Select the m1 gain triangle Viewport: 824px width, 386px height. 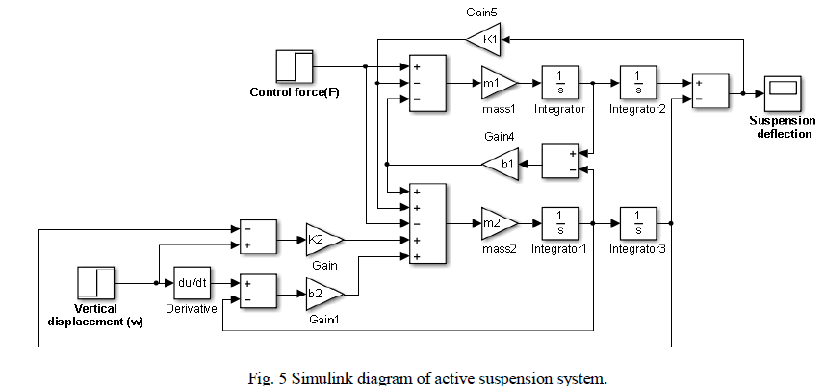[497, 83]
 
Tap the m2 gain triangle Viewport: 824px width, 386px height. [497, 223]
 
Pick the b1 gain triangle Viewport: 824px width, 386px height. [498, 165]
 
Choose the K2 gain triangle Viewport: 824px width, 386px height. [322, 238]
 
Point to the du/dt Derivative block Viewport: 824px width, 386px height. [192, 283]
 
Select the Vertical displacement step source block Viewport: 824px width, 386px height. [94, 283]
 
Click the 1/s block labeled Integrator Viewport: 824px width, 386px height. [559, 84]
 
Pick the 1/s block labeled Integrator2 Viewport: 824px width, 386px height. [638, 84]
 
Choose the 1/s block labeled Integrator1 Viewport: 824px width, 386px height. [559, 223]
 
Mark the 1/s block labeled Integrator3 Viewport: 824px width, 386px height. [638, 223]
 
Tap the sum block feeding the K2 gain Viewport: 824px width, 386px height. [257, 238]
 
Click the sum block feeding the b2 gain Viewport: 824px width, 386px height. [257, 291]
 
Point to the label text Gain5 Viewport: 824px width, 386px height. [484, 13]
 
